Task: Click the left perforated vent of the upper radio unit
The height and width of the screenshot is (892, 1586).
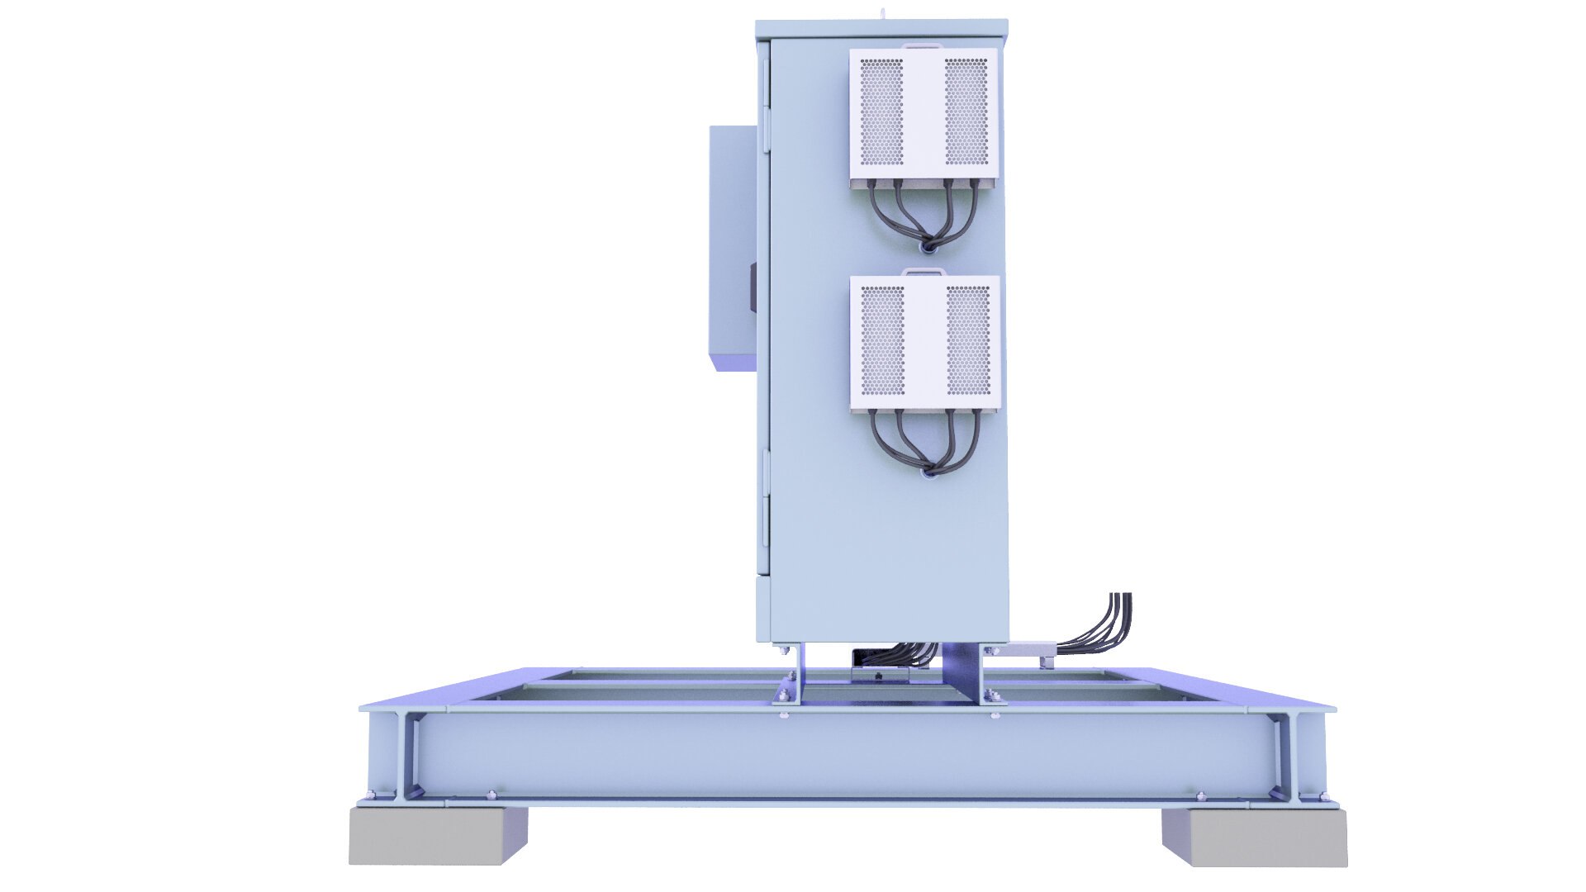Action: coord(881,111)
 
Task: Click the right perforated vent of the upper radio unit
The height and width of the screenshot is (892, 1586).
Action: coord(966,111)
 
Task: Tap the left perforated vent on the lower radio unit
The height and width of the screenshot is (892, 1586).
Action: coord(882,340)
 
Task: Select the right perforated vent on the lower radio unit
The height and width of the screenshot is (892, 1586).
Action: coord(968,340)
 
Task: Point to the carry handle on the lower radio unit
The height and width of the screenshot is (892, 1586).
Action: coord(922,271)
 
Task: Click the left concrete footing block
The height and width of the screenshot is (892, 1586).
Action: coord(437,836)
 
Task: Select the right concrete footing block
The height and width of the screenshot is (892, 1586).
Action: coord(1254,837)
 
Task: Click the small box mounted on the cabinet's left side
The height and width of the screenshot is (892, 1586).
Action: coord(732,248)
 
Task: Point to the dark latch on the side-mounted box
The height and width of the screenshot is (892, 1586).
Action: coord(753,287)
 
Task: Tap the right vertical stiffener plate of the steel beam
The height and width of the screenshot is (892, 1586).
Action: coord(1283,756)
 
